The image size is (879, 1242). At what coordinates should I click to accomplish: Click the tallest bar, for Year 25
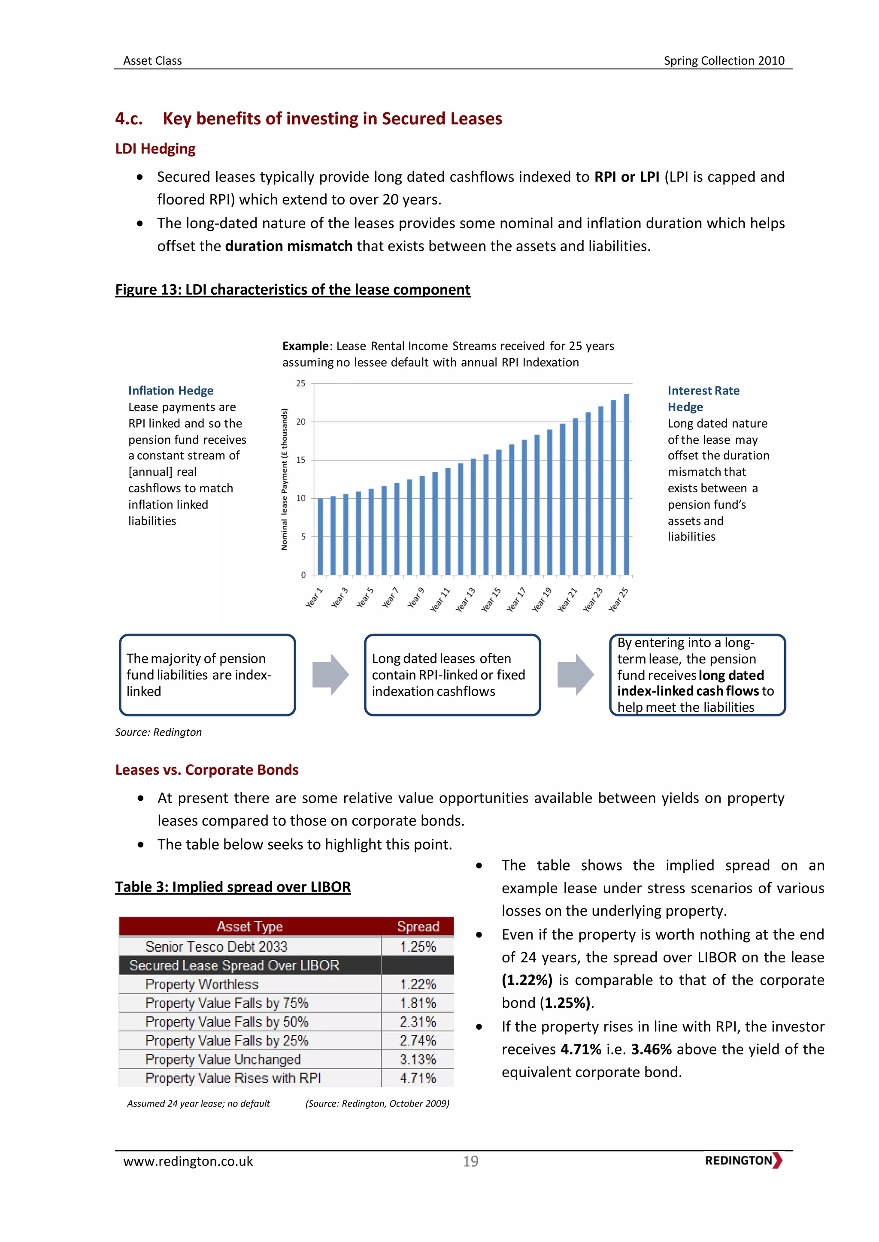626,484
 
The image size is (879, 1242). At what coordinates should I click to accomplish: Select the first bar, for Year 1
321,536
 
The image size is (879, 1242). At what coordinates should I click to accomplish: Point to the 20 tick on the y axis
301,422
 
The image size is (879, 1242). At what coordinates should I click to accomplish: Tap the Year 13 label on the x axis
466,600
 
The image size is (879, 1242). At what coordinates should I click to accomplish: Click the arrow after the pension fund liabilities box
330,675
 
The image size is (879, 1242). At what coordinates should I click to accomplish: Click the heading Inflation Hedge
170,391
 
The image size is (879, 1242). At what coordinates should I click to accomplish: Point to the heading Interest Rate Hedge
703,399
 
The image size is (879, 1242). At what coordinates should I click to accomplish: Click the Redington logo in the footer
743,1161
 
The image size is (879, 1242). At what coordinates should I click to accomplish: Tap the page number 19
470,1161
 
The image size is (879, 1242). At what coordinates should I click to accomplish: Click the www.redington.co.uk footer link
188,1161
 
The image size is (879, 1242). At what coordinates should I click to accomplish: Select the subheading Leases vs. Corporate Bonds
207,770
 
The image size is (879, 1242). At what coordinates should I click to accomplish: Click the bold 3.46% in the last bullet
651,1049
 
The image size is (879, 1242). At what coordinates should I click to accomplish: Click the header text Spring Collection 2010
724,60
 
